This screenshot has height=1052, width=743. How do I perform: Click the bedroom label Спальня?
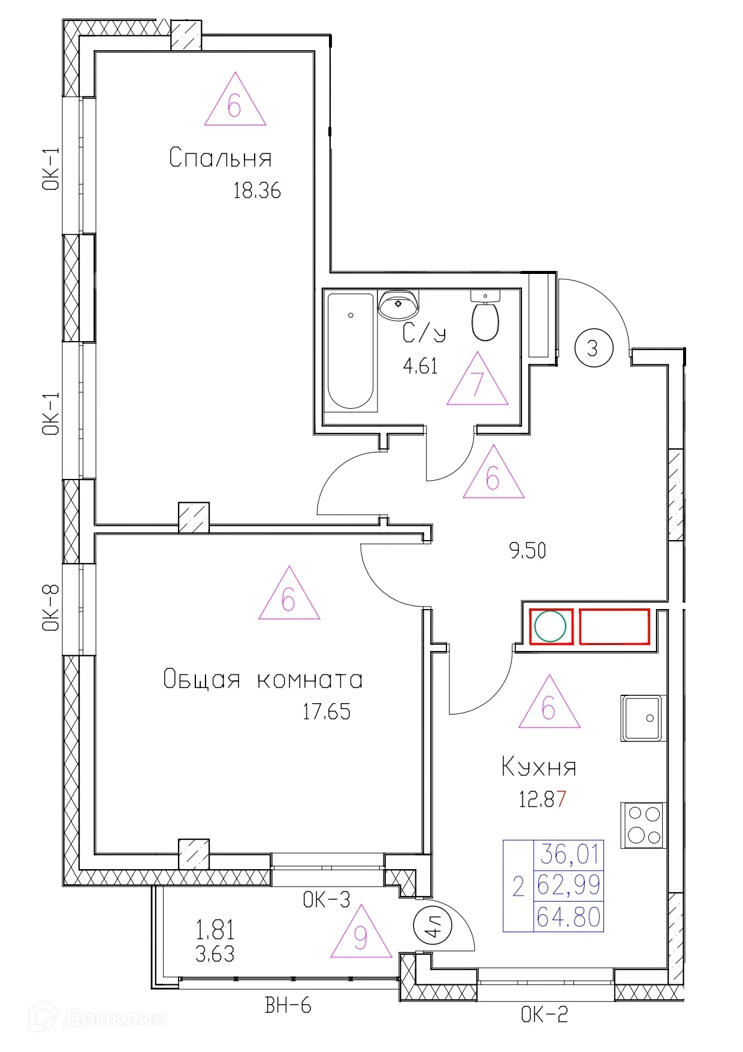pyautogui.click(x=221, y=158)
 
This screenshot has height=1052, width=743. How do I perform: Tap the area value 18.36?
pyautogui.click(x=257, y=191)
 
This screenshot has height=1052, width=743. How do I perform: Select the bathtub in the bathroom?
pyautogui.click(x=351, y=351)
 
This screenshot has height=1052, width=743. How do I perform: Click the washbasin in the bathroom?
pyautogui.click(x=398, y=305)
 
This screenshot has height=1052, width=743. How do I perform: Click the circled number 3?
pyautogui.click(x=593, y=348)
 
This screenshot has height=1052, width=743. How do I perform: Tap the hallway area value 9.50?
pyautogui.click(x=527, y=550)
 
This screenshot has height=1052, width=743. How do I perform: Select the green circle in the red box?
pyautogui.click(x=550, y=626)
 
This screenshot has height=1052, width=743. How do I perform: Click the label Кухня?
pyautogui.click(x=539, y=767)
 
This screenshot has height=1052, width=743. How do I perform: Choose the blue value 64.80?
pyautogui.click(x=569, y=917)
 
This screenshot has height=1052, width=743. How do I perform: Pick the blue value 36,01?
pyautogui.click(x=569, y=854)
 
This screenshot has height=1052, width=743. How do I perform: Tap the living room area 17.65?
pyautogui.click(x=327, y=712)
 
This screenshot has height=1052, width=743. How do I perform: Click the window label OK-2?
pyautogui.click(x=544, y=1014)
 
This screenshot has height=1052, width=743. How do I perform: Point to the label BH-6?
pyautogui.click(x=288, y=1005)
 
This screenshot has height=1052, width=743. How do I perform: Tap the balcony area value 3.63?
pyautogui.click(x=215, y=953)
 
